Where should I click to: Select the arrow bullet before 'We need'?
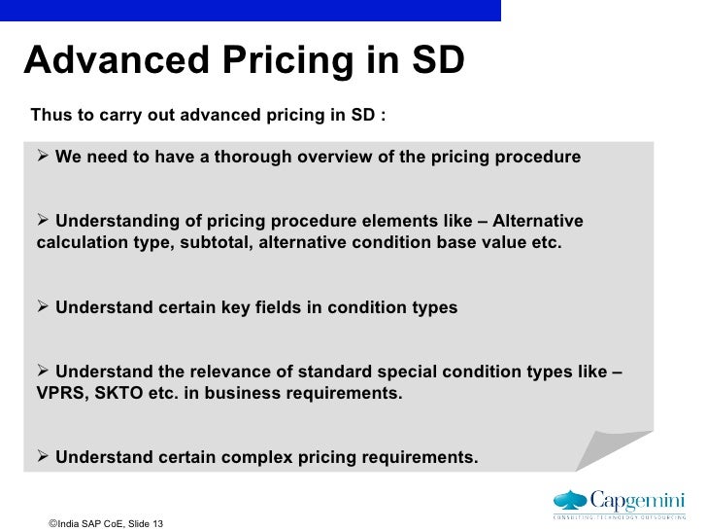point(43,157)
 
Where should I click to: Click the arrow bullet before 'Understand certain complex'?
point(43,457)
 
